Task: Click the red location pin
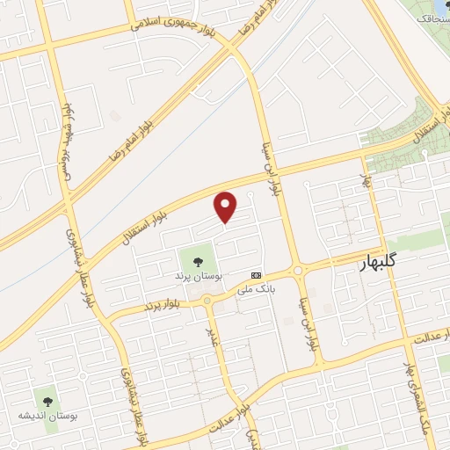(226, 206)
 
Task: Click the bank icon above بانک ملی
(256, 274)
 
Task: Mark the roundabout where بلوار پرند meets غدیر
(207, 301)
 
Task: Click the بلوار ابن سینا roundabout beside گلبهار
(299, 271)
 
